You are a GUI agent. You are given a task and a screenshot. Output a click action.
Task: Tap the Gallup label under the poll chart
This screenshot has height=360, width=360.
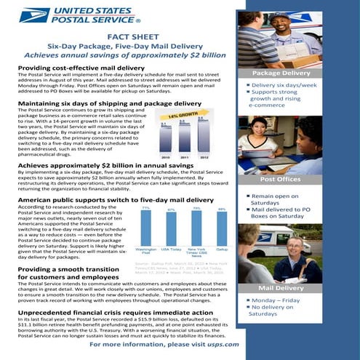(x=222, y=249)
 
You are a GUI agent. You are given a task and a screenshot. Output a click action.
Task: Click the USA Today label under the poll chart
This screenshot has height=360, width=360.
(x=171, y=249)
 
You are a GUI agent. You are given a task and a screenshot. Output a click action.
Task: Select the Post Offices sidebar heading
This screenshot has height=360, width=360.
(x=280, y=179)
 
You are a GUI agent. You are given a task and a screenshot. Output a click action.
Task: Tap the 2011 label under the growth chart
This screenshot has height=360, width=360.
(x=185, y=156)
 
